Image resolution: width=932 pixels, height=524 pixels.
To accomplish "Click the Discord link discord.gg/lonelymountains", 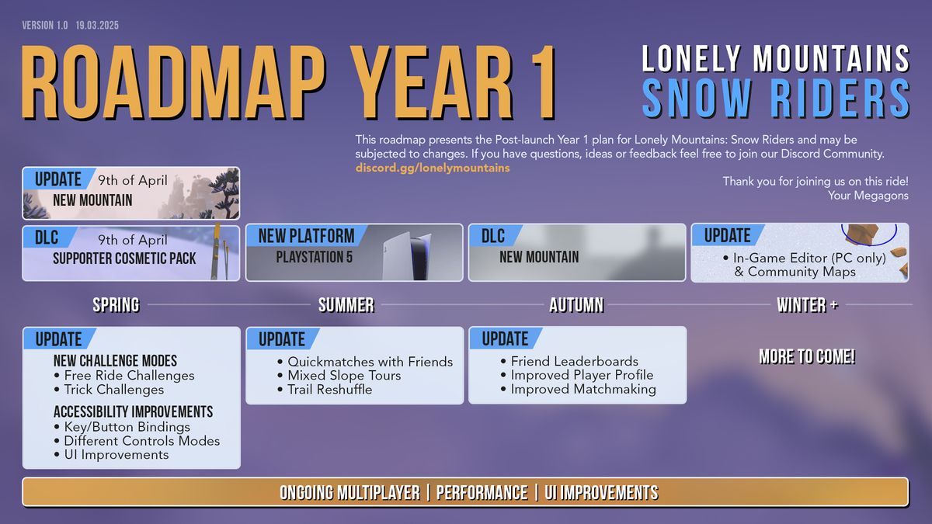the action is [x=433, y=168].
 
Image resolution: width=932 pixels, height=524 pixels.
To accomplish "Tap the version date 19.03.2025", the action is [x=97, y=26].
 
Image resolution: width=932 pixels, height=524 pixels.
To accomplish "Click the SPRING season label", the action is [x=116, y=305].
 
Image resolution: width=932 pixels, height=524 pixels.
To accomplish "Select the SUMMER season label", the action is [x=346, y=305].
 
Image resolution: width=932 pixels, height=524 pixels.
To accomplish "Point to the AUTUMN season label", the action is [x=576, y=305].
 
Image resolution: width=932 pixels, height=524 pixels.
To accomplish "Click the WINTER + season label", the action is [x=807, y=305].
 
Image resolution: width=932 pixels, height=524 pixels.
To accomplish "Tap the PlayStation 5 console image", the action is [x=407, y=255].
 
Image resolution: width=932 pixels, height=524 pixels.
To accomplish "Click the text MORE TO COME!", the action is [x=807, y=357].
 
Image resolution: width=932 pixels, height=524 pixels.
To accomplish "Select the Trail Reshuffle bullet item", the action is [x=325, y=390].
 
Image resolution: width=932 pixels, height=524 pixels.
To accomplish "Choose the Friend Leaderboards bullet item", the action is [x=569, y=361].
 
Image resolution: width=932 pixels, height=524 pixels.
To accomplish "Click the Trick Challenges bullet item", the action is [x=109, y=390].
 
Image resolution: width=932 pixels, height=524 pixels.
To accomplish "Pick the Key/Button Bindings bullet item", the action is [x=122, y=427].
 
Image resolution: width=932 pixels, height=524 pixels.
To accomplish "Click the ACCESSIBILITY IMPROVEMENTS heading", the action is [x=133, y=411].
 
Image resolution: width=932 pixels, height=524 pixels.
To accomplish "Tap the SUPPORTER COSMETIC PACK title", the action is [x=124, y=259].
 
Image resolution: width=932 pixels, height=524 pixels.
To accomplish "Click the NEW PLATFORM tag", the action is [x=306, y=236].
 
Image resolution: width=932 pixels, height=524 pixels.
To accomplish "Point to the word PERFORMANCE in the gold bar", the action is [x=482, y=493].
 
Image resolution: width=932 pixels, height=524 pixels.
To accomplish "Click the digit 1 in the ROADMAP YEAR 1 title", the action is [x=542, y=82].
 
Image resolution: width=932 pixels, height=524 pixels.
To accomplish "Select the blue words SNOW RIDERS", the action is [x=776, y=98].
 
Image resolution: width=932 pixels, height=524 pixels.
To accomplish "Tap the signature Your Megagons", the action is [x=868, y=196].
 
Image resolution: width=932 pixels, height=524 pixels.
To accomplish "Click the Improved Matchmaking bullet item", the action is [x=579, y=389].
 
